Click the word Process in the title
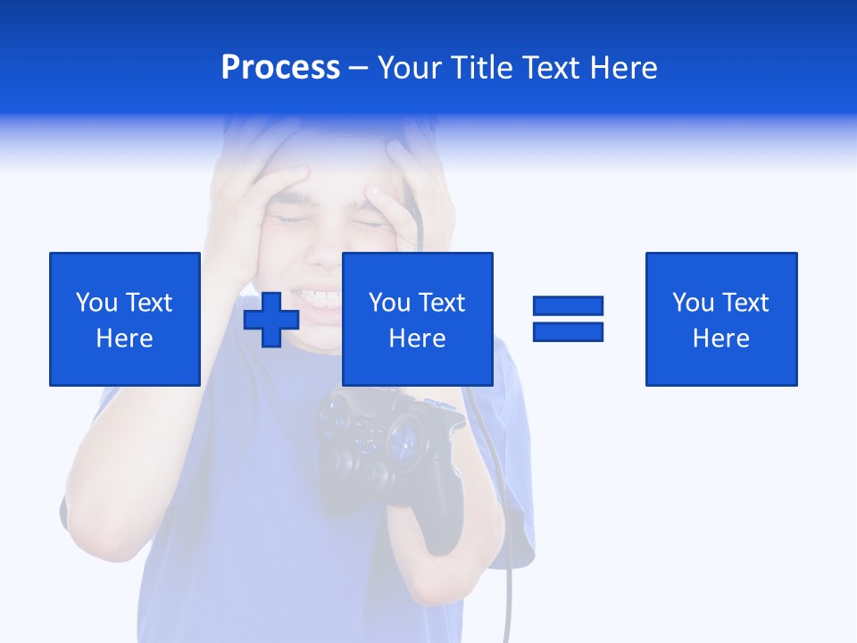point(280,68)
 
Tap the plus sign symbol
point(271,320)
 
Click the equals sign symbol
point(568,319)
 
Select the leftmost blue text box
point(124,319)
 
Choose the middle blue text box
point(417,319)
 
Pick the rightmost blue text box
point(720,319)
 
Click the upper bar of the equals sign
point(568,306)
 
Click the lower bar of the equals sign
point(568,331)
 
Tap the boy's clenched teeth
point(321,295)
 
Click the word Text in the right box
point(745,303)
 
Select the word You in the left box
point(96,303)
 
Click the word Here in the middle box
point(417,338)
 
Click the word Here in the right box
point(720,338)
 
